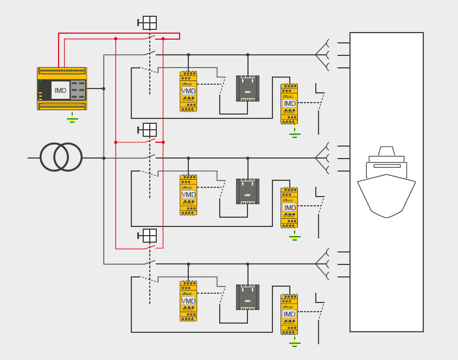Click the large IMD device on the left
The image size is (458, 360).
(62, 89)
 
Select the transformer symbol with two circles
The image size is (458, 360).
(61, 157)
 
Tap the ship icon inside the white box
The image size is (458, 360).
(386, 182)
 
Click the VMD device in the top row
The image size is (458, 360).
(188, 91)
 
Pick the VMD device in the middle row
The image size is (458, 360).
(188, 195)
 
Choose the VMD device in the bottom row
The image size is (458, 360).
(188, 301)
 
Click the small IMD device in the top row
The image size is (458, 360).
(289, 104)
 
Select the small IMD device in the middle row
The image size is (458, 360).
(289, 207)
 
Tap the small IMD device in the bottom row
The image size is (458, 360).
(289, 314)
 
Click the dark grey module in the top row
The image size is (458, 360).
(247, 89)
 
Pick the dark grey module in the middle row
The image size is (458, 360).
(247, 191)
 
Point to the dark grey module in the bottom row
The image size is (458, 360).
(247, 297)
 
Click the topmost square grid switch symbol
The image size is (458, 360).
(149, 23)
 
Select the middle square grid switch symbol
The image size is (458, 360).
(149, 130)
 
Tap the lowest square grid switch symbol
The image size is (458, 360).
(149, 236)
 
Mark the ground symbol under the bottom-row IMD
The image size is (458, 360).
(295, 343)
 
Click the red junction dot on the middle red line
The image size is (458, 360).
(116, 142)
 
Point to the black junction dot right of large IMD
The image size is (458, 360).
(104, 89)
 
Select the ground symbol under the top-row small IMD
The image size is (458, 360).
(295, 134)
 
